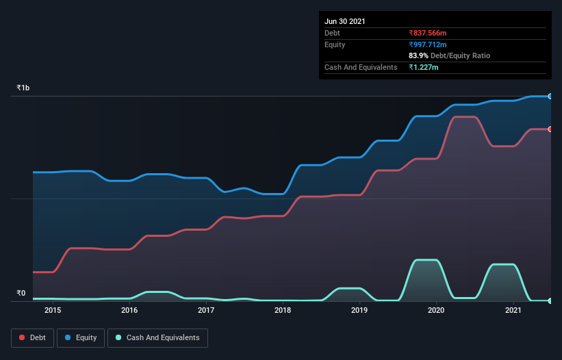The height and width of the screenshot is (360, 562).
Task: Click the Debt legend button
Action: tap(33, 337)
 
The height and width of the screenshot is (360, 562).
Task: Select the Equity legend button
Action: tap(81, 337)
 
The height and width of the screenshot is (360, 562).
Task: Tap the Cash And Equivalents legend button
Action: tap(157, 337)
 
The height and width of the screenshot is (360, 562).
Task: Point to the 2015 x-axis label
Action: tap(53, 311)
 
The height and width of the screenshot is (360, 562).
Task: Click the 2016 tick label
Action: tap(129, 311)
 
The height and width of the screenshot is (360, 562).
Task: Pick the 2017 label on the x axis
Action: tap(206, 311)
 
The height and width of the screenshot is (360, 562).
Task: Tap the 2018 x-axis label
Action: tap(283, 311)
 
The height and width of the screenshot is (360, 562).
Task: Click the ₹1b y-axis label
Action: tap(23, 88)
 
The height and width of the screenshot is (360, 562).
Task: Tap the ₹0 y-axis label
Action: tap(21, 294)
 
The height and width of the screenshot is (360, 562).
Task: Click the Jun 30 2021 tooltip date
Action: tap(345, 21)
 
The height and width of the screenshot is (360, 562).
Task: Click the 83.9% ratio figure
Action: tap(419, 55)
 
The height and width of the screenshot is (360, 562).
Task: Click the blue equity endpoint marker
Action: tap(550, 97)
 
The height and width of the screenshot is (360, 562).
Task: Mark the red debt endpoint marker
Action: tap(550, 129)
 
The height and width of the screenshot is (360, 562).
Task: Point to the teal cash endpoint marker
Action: tap(550, 300)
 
